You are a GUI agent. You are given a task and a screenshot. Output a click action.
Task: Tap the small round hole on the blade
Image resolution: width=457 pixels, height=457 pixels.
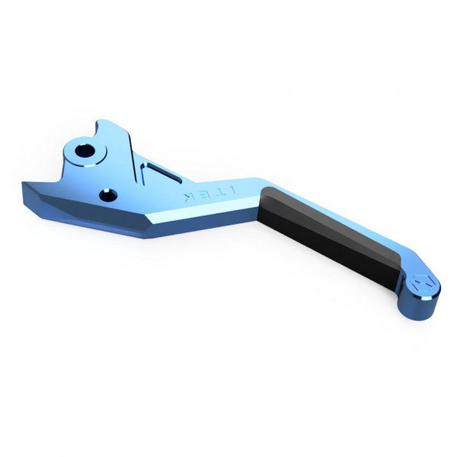(x=109, y=196)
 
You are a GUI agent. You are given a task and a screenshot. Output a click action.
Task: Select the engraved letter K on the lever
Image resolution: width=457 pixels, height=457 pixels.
(x=187, y=197)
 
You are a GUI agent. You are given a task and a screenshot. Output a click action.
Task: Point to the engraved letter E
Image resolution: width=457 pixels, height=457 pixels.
(x=203, y=193)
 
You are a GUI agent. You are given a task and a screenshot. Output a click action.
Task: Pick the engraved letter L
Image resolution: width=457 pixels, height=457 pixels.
(x=234, y=187)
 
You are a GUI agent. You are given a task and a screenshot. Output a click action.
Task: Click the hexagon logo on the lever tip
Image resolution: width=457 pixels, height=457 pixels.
(x=423, y=283)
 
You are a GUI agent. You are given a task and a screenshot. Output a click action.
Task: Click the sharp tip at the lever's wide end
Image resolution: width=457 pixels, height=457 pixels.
(x=24, y=183)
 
